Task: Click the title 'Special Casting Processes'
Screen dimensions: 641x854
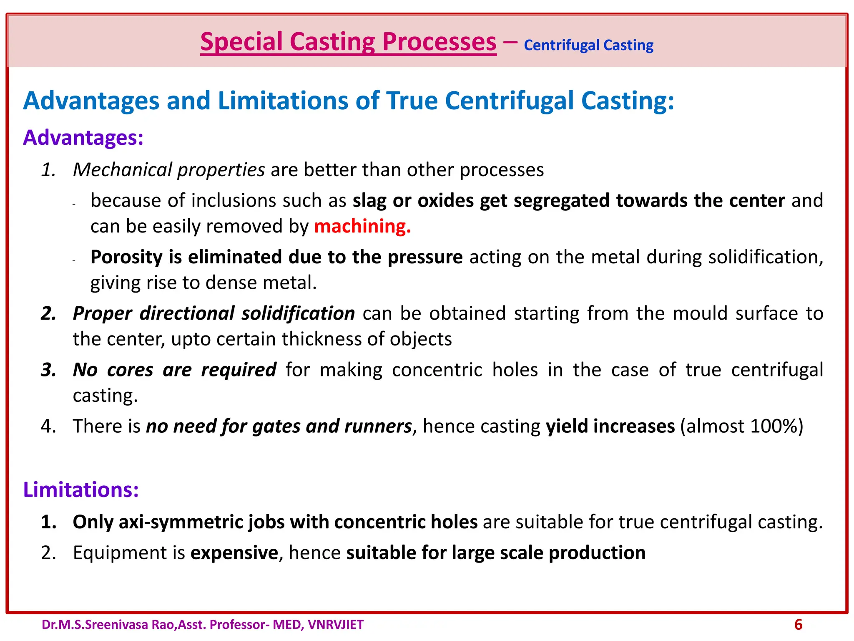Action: point(348,42)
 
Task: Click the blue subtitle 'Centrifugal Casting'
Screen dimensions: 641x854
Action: point(588,45)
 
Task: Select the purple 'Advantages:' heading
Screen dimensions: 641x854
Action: point(83,138)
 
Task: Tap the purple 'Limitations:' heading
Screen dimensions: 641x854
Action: point(81,490)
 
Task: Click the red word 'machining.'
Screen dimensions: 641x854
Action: point(362,226)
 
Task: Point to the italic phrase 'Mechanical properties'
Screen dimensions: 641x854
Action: point(169,170)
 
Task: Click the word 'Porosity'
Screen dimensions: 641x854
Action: point(126,257)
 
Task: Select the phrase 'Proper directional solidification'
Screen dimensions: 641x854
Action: point(213,313)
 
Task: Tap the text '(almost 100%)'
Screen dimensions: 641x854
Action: point(741,426)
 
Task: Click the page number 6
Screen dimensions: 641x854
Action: point(798,625)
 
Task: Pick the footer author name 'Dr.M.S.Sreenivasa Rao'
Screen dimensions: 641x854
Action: point(109,625)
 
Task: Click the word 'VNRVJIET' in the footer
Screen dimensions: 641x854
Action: point(336,625)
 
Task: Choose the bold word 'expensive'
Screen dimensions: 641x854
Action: point(234,553)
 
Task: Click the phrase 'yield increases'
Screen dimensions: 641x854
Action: point(610,426)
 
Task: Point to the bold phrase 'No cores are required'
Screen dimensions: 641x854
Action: point(174,370)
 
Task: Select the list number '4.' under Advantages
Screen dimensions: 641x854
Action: point(48,426)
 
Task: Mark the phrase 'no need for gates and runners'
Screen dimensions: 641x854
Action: point(279,426)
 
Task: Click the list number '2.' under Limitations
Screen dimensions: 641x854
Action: point(48,553)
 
